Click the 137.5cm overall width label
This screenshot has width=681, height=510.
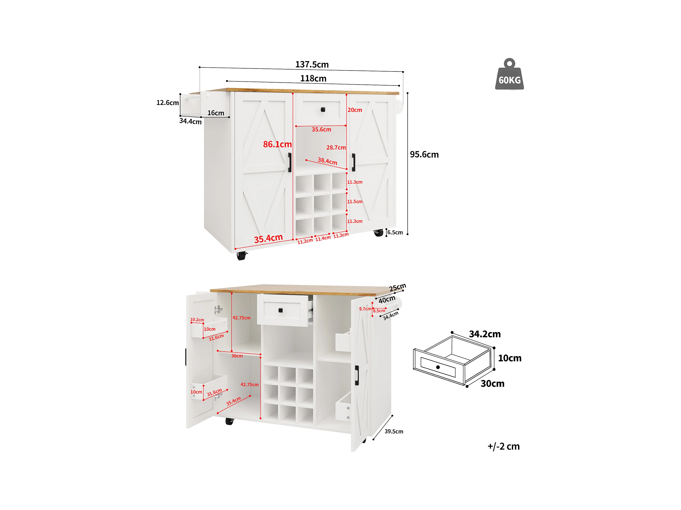coord(312,65)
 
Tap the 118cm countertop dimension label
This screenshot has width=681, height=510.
coord(313,79)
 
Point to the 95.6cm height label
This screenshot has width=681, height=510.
coord(424,154)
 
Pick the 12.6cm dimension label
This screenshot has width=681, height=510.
coord(167,103)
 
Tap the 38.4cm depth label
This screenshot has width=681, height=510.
coord(327,161)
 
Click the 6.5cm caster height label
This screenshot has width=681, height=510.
coord(395,232)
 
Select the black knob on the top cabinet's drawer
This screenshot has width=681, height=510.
coord(323,110)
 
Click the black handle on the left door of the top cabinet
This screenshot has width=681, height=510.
coord(290,162)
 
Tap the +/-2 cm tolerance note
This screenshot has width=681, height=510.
coord(503,446)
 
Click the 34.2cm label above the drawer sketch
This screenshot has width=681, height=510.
coord(485,334)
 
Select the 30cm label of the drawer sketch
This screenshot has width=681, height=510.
coord(492,384)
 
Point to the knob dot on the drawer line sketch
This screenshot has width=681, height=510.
coord(438,367)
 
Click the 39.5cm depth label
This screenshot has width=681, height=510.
coord(394,432)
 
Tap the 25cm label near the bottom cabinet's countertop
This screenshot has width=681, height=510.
coord(397,288)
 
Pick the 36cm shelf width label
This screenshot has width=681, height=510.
coord(237,356)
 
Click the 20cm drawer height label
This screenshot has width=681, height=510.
coord(355,110)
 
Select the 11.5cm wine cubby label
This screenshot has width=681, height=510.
coord(355,202)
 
